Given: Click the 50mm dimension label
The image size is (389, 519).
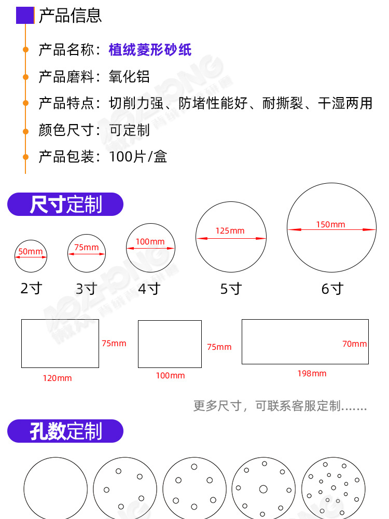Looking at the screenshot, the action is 31,252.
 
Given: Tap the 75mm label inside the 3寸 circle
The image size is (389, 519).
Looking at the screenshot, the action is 86,247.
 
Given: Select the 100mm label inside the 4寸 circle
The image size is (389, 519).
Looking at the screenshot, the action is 150,241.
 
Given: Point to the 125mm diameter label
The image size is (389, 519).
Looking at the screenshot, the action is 230,231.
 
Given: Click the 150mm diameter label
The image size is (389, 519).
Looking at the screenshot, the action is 330,225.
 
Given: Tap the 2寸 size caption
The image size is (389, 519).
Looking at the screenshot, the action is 31,289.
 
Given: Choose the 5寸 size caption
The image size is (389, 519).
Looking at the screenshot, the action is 231,289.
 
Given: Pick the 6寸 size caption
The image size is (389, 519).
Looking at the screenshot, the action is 332,289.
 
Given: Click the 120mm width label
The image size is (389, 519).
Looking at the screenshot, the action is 57,378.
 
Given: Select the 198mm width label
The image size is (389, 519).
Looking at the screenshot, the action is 312,374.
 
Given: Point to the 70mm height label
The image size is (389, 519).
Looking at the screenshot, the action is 354,344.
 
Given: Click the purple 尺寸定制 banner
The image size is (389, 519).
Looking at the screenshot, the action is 65,204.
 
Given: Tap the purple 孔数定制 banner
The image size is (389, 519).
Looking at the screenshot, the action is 65,431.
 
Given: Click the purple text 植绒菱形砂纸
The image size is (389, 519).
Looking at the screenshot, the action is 150,50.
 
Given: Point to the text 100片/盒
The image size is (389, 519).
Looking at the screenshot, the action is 138,157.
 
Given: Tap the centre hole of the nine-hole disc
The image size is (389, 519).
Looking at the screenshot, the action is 263,489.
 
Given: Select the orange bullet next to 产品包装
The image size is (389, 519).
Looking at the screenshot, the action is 25,157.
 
